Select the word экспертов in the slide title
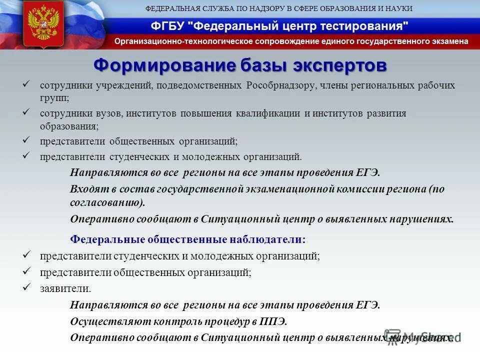click(x=340, y=65)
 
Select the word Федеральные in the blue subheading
click(x=107, y=239)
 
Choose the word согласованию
click(x=107, y=202)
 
